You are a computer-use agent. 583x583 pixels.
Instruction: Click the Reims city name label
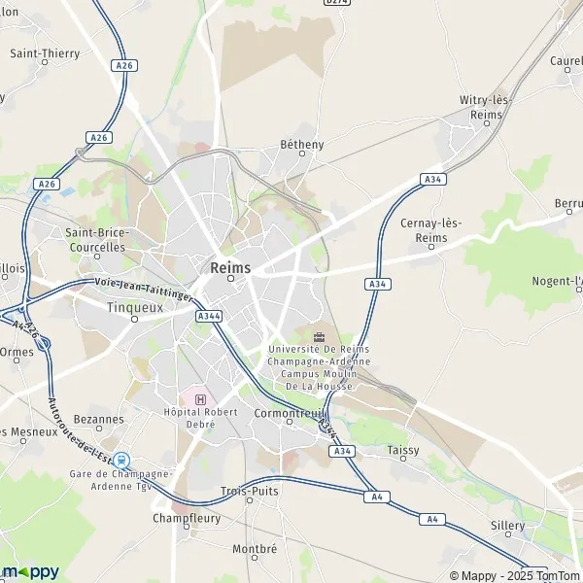click(230, 267)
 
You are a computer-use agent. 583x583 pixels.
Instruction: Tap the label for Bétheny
click(301, 145)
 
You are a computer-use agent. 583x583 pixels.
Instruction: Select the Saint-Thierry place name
click(45, 54)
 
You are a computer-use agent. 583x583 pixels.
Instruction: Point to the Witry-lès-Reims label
click(486, 108)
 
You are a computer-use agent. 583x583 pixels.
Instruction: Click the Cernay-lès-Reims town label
click(430, 230)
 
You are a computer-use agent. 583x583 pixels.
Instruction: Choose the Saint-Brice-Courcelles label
click(95, 240)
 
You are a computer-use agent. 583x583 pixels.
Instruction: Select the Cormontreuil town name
click(287, 411)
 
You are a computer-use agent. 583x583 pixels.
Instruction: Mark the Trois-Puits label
click(250, 491)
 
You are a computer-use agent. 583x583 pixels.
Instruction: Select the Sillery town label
click(507, 526)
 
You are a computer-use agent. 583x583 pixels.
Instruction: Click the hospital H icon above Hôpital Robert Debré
click(201, 398)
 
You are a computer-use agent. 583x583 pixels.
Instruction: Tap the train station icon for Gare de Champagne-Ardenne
click(121, 460)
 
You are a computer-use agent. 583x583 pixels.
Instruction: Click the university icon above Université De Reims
click(319, 336)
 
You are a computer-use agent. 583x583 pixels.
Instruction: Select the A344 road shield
click(207, 316)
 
